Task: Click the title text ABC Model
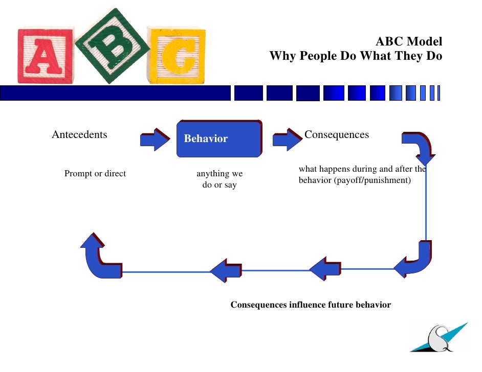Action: click(x=409, y=42)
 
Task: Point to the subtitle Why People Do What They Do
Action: click(x=356, y=56)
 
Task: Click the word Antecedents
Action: click(x=79, y=135)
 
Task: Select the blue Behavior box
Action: click(x=218, y=138)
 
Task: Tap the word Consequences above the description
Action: click(x=336, y=135)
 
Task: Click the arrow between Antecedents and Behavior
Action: click(x=155, y=139)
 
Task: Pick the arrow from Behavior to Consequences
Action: click(x=287, y=139)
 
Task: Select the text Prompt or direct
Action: click(x=95, y=174)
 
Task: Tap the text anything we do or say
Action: click(x=220, y=179)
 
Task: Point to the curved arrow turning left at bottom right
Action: click(x=415, y=261)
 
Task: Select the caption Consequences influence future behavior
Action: click(x=311, y=305)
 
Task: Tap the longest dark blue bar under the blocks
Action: click(x=115, y=93)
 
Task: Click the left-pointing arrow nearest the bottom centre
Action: click(x=226, y=270)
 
